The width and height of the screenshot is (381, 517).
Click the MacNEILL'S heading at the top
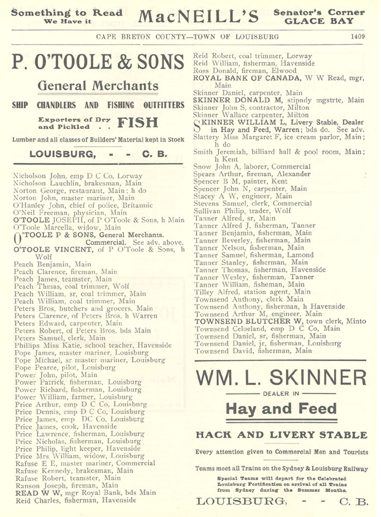pos(198,16)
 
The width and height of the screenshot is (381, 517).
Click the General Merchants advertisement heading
pos(97,85)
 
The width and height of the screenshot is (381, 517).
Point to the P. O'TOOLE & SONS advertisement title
pos(98,63)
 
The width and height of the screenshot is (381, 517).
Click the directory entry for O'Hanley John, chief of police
pos(76,206)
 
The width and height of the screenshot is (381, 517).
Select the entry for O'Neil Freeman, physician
pos(70,213)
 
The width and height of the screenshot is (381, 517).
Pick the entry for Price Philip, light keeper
pos(77,448)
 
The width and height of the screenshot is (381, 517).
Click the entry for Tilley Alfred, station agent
pos(252,292)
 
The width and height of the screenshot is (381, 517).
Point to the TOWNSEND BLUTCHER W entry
pos(280,321)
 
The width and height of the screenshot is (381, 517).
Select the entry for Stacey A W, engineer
pos(243,196)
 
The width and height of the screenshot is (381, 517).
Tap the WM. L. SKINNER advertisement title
pos(281,378)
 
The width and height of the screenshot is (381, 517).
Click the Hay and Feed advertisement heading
pos(281,409)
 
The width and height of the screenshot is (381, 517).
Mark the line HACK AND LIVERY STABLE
pos(281,435)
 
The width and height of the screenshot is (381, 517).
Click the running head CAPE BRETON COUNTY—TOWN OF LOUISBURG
pos(187,37)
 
